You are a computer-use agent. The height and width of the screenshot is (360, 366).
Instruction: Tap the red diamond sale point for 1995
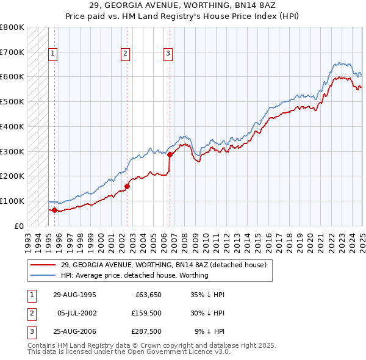[x=55, y=211]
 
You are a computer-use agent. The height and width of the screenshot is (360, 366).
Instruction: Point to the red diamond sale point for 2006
[x=170, y=154]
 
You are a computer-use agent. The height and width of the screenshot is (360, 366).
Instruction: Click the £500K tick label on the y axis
[x=12, y=102]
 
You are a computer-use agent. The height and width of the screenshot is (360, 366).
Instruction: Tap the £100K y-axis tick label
[x=12, y=201]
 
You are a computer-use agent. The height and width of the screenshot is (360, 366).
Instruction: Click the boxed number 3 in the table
[x=32, y=332]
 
